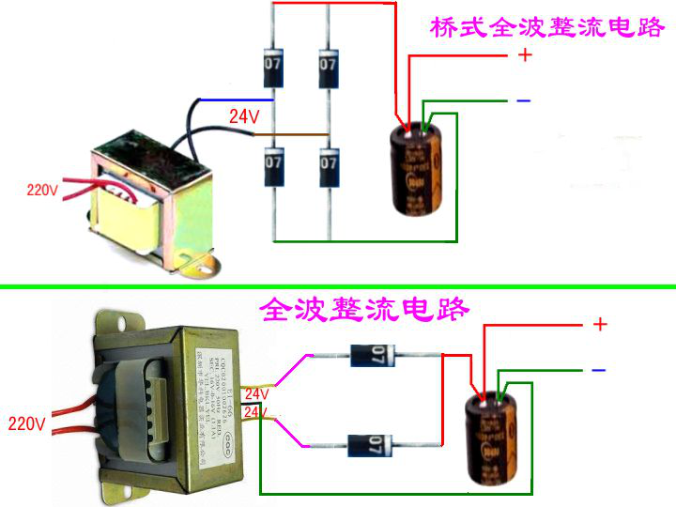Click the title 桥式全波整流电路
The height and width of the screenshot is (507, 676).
(x=546, y=26)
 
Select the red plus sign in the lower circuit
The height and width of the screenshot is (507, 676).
(x=600, y=325)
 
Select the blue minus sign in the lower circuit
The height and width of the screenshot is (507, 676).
(x=598, y=370)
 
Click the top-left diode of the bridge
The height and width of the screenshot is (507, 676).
(x=273, y=66)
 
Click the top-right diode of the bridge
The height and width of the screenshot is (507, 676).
(x=328, y=66)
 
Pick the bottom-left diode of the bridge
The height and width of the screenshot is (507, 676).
(x=273, y=163)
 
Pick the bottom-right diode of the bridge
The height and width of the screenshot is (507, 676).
(x=328, y=163)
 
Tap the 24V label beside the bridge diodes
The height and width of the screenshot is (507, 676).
(x=244, y=117)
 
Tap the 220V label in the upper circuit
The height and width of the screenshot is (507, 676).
(x=42, y=190)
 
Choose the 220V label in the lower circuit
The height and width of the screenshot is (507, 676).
(x=26, y=423)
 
